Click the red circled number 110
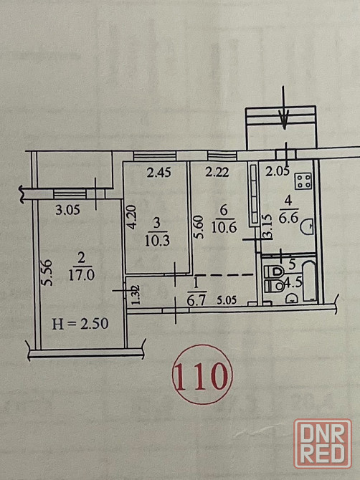202,375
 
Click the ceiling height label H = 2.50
80,324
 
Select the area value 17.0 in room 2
81,275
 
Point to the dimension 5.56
47,273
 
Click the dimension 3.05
67,210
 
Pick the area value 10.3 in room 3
157,241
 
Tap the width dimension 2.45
158,173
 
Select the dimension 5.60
198,226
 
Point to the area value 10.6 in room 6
224,227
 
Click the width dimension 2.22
217,173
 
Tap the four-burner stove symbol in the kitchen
303,181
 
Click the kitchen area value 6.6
288,218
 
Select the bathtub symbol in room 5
309,282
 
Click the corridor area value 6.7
196,301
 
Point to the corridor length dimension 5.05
227,300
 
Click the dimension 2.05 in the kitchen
278,172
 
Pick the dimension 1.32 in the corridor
136,294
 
